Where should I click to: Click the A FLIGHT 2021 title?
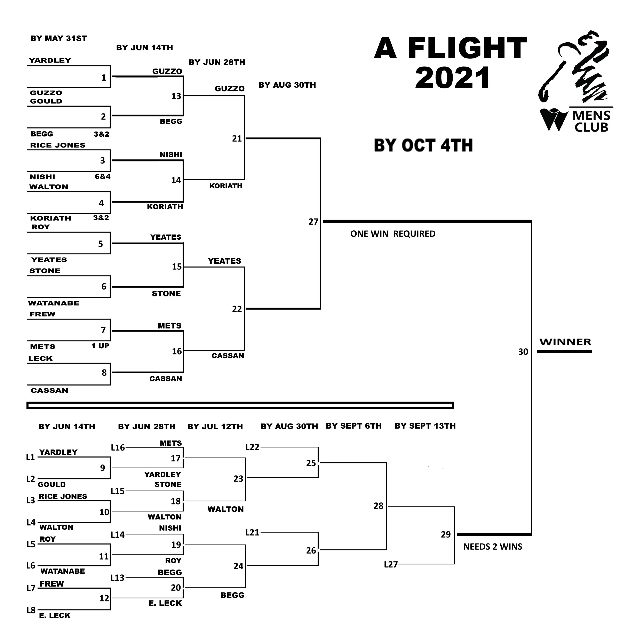(450, 63)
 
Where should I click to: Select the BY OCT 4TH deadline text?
(423, 145)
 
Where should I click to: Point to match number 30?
(523, 352)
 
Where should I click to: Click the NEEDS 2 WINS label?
(492, 547)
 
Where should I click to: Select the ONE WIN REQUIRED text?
(393, 234)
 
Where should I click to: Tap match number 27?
(313, 222)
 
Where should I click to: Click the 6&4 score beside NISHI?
(102, 176)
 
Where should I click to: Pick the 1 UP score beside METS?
(100, 346)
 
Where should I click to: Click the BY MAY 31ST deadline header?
(59, 39)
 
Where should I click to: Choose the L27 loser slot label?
(391, 565)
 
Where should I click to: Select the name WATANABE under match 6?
(54, 303)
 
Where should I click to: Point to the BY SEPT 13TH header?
(425, 426)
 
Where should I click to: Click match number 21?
(237, 139)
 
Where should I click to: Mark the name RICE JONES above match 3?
(58, 145)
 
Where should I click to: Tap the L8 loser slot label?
(31, 610)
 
